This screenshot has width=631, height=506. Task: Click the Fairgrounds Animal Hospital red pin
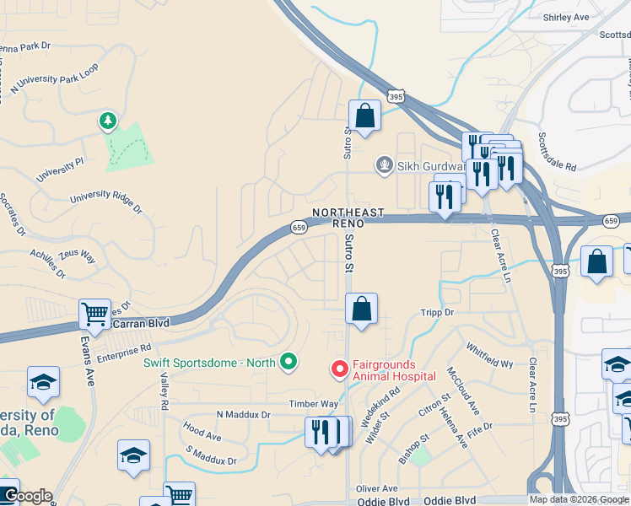point(339,369)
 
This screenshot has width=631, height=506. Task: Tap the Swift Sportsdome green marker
point(289,363)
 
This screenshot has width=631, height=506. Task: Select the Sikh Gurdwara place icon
point(385,165)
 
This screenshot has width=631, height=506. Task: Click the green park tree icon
point(107,122)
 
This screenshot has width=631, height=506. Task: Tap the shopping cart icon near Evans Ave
point(94,314)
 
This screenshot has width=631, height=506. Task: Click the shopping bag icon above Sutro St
point(364,116)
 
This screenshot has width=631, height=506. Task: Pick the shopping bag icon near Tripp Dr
point(361,309)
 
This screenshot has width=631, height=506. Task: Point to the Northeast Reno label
point(348,218)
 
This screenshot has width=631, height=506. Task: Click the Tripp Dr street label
point(437,312)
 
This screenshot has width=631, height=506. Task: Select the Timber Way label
point(313,405)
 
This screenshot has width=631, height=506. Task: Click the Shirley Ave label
point(566,17)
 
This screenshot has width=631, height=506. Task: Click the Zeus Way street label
point(77,255)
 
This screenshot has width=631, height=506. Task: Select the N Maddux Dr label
point(243,415)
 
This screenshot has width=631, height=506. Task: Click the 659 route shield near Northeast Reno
point(299,227)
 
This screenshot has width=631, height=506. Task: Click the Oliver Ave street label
point(376,488)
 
